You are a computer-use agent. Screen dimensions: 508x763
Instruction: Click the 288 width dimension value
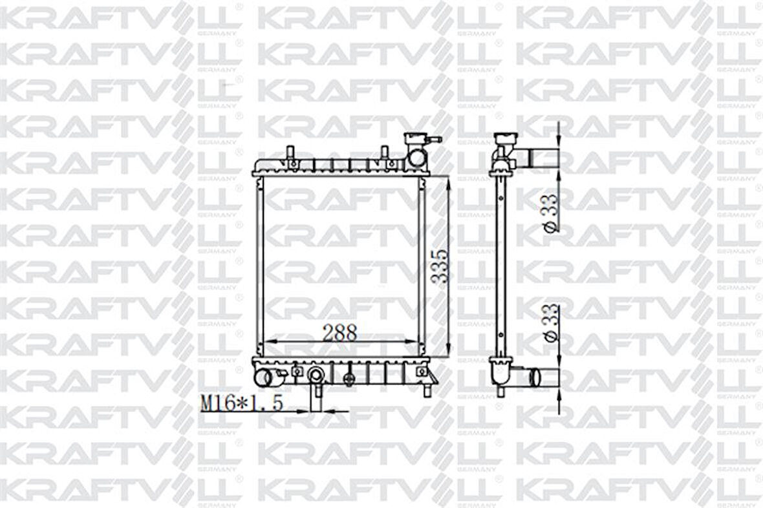pos(339,332)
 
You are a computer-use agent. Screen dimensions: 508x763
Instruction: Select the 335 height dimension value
pos(440,266)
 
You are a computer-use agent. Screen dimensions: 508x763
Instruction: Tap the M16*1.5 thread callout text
pos(241,404)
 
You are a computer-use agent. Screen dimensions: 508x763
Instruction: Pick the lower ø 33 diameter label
pos(550,323)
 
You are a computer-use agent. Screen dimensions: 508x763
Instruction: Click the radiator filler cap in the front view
pos(414,138)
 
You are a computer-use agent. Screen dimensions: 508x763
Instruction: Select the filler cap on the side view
pos(506,140)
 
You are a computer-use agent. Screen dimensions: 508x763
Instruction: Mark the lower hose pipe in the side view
pos(542,377)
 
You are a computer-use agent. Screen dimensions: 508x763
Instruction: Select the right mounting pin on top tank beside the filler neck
pos(384,154)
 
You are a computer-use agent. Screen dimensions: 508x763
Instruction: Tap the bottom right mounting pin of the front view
pos(427,390)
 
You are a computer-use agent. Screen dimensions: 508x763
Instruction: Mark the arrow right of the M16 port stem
pos(327,410)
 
